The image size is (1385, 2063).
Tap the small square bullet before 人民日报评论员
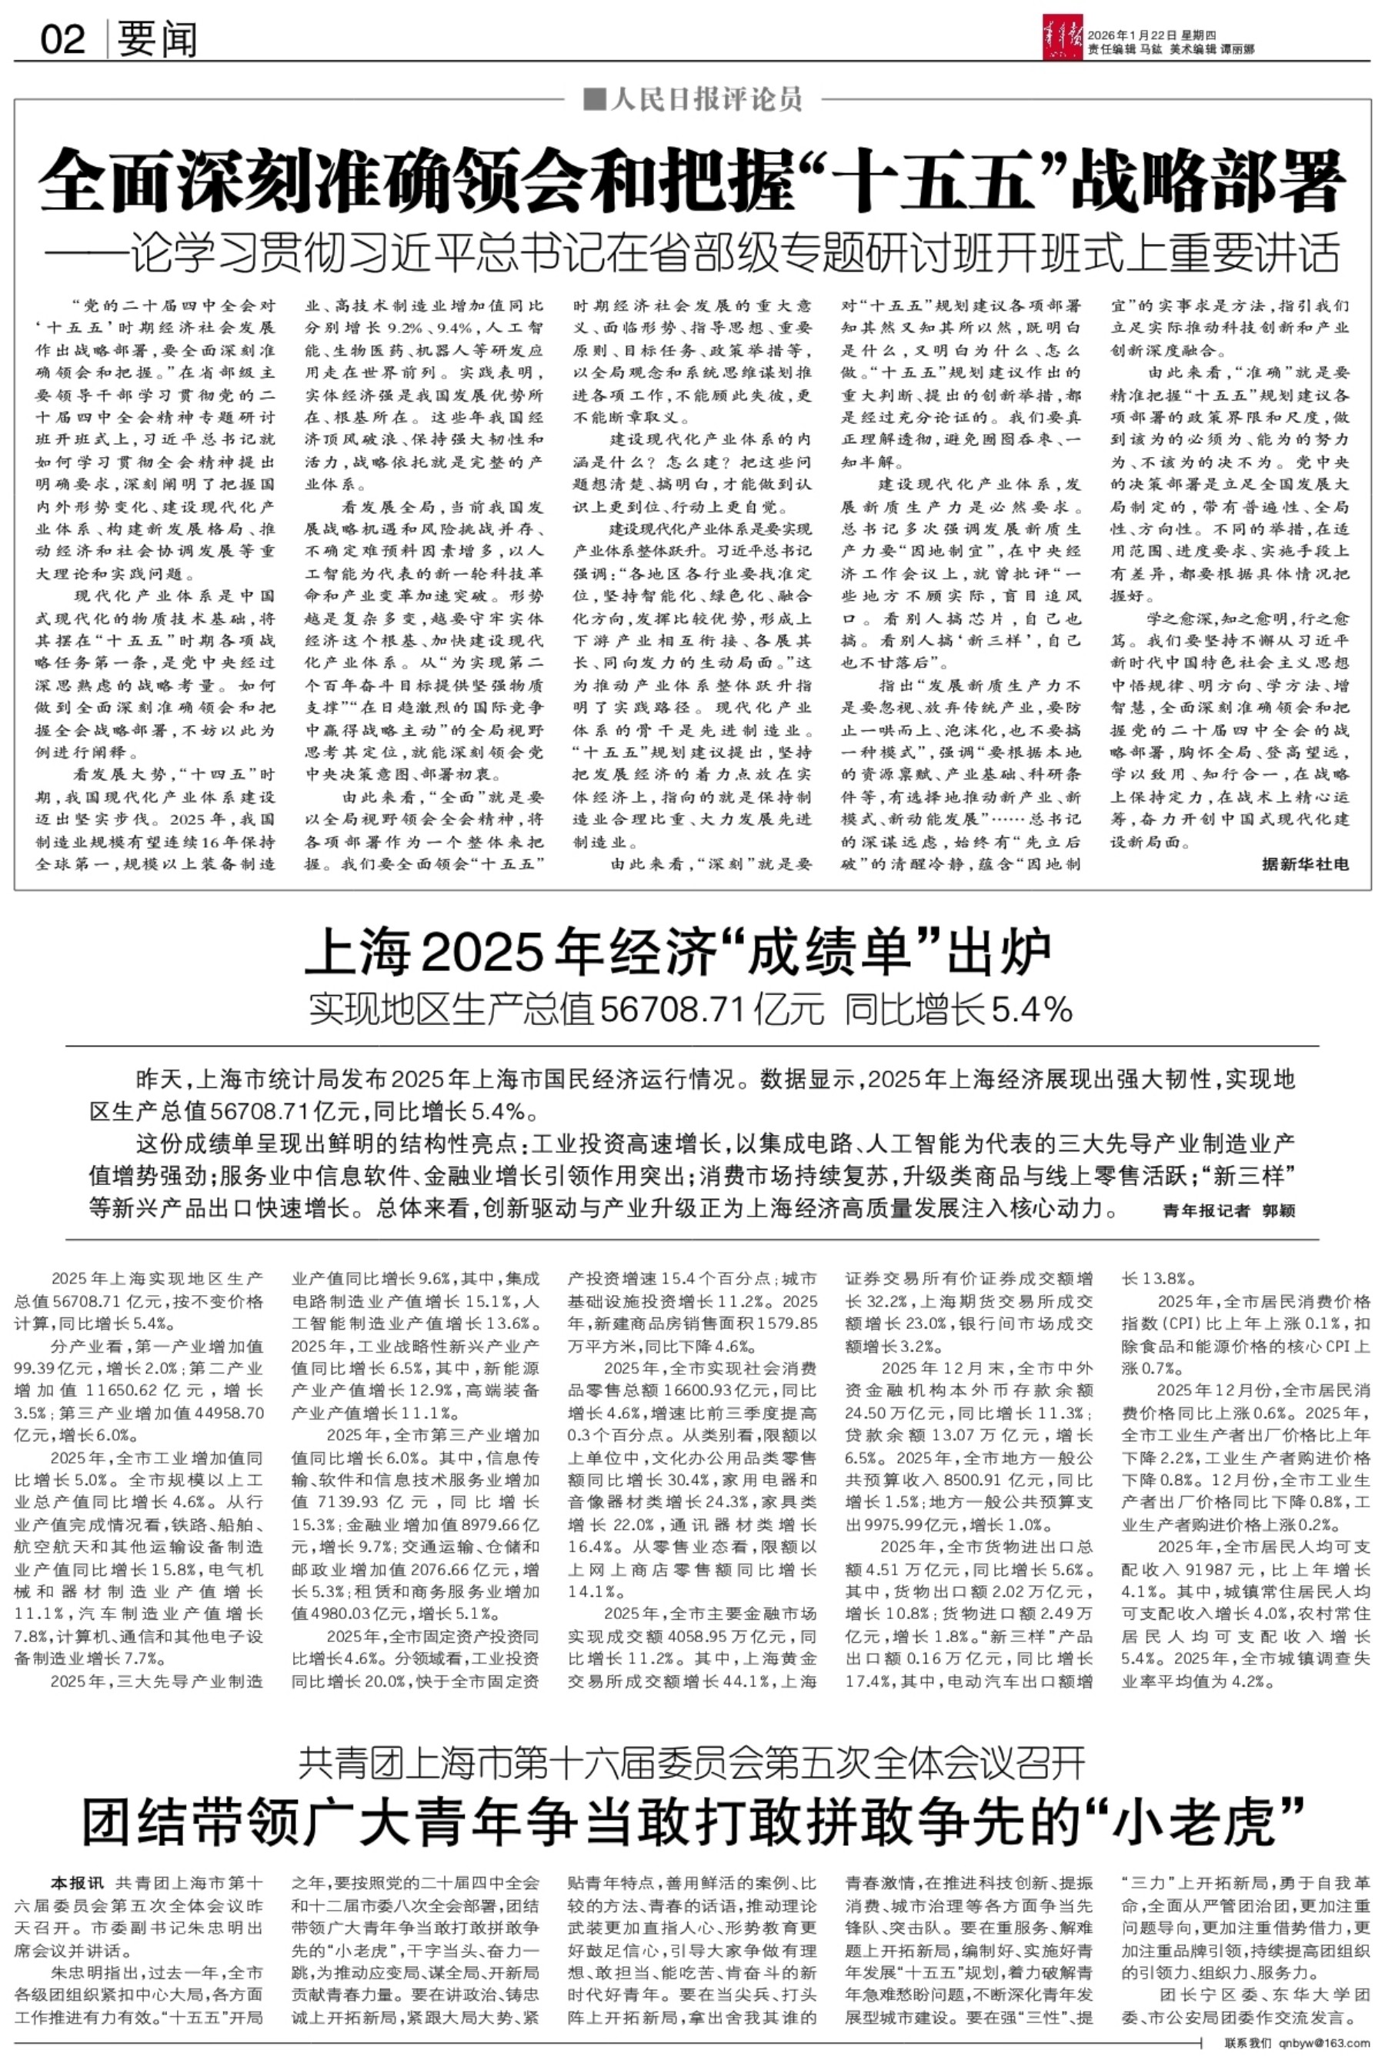tap(596, 100)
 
